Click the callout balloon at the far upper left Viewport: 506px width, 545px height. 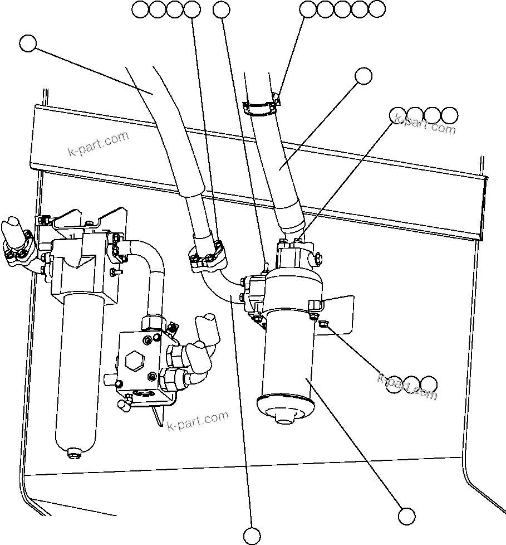click(27, 43)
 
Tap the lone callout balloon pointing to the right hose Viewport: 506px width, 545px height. click(363, 76)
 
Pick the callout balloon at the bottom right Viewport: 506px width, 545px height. click(406, 516)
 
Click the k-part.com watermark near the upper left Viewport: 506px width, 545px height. click(97, 144)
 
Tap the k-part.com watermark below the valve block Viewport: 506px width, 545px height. click(198, 421)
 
